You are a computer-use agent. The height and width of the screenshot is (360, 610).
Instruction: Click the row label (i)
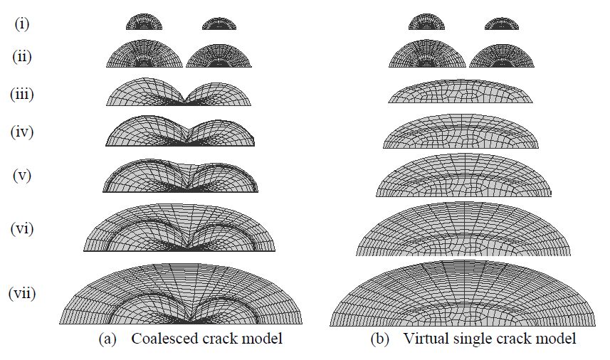coord(23,23)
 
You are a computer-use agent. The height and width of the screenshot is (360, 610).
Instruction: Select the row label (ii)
coord(23,57)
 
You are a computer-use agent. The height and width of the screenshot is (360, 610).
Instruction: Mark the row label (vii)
coord(23,292)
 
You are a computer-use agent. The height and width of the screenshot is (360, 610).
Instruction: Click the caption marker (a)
coord(107,339)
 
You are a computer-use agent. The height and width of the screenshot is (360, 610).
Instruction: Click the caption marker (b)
coord(379,339)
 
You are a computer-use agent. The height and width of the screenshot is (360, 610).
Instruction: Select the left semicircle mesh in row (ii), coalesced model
coord(144,55)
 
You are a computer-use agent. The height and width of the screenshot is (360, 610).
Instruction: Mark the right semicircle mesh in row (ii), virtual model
coord(502,56)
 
